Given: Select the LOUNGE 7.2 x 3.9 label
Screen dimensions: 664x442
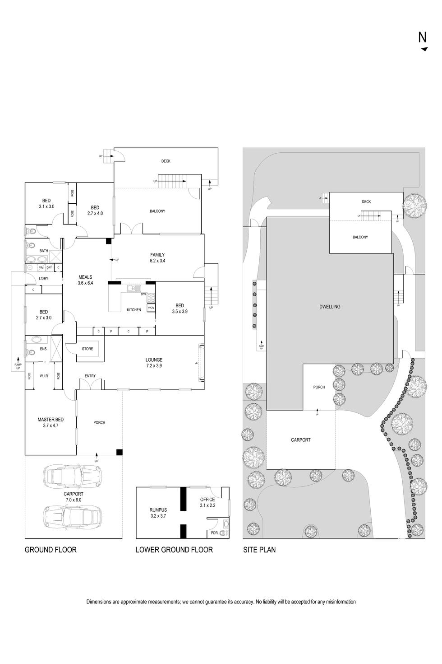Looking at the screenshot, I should pyautogui.click(x=154, y=363).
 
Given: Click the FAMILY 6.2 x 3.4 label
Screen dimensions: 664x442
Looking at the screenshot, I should pyautogui.click(x=157, y=257).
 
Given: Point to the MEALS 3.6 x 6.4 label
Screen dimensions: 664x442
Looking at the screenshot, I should pyautogui.click(x=85, y=280).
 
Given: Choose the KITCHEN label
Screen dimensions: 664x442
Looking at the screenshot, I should pyautogui.click(x=134, y=310).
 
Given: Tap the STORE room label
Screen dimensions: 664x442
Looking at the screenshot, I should pyautogui.click(x=87, y=349).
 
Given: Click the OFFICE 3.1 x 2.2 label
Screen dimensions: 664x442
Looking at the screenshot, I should pyautogui.click(x=207, y=502).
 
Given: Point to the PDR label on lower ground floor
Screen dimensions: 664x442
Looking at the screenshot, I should pyautogui.click(x=214, y=533).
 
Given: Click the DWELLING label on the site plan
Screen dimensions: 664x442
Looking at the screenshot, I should pyautogui.click(x=330, y=307).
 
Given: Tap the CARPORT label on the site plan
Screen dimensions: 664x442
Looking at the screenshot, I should pyautogui.click(x=300, y=440).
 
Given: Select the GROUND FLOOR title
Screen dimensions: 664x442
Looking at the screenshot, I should pyautogui.click(x=51, y=550).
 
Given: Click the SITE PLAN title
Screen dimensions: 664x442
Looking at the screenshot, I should pyautogui.click(x=259, y=550).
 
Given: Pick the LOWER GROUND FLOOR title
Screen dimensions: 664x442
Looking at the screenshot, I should pyautogui.click(x=174, y=550).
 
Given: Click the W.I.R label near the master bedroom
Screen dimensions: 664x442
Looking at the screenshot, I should pyautogui.click(x=44, y=376).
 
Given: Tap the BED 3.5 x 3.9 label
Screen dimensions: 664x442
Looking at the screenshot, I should pyautogui.click(x=180, y=309).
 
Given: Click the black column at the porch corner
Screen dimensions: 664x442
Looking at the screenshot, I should pyautogui.click(x=119, y=452).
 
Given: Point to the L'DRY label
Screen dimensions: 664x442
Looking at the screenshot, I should pyautogui.click(x=44, y=278).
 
